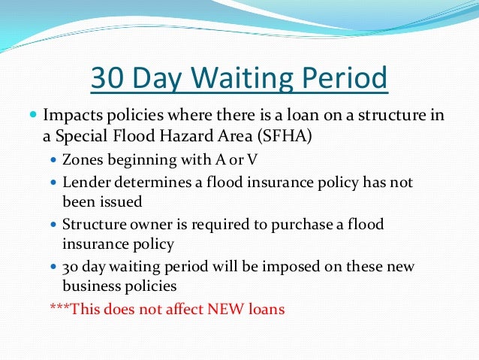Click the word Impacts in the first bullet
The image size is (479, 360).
click(71, 116)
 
